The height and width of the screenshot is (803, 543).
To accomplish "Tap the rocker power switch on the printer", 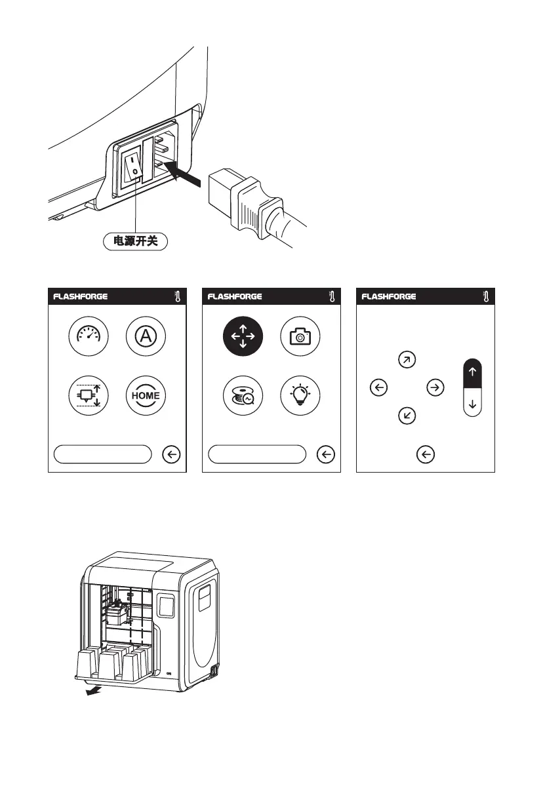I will [x=132, y=164].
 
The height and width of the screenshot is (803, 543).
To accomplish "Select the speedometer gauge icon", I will [x=88, y=338].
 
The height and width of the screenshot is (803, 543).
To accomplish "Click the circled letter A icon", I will [x=146, y=338].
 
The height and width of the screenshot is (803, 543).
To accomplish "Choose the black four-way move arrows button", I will [x=243, y=338].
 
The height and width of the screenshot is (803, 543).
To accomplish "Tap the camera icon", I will [x=301, y=338].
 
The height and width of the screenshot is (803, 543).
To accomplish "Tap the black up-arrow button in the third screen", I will [x=473, y=372].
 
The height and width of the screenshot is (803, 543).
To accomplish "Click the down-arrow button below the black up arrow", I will [x=473, y=403].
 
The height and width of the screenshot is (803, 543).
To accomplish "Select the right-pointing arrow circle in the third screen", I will [x=435, y=388].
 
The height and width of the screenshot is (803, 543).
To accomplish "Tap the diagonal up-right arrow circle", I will [x=407, y=360].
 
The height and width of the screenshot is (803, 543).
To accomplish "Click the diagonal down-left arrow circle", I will [x=407, y=416].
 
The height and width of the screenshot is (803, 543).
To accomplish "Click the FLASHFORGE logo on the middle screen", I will [x=235, y=296].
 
